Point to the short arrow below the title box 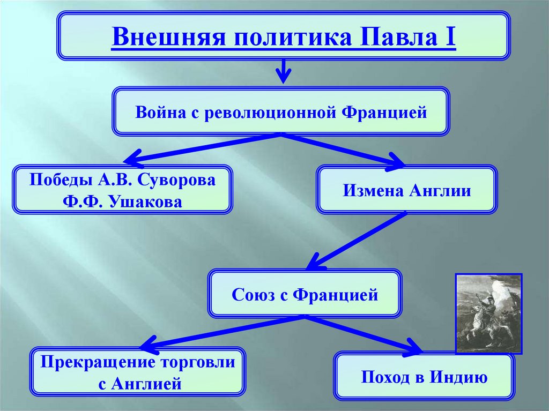[284, 71]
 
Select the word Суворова [180, 180]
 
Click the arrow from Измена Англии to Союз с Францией [357, 240]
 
